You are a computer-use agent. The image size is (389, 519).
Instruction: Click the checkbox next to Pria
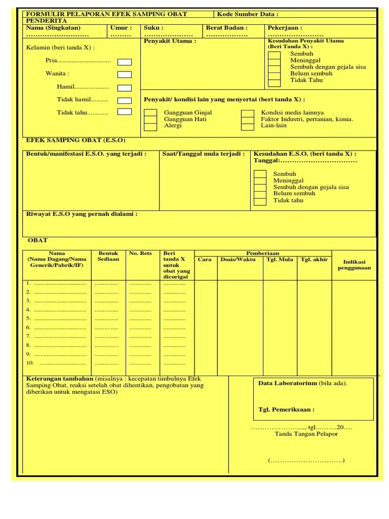tap(125, 62)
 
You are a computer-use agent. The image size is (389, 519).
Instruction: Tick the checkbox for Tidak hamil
tap(125, 100)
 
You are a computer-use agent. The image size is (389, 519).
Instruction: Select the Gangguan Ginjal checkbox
tap(150, 113)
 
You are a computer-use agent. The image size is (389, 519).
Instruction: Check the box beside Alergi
tap(150, 127)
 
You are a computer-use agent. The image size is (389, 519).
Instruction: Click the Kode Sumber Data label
tap(248, 14)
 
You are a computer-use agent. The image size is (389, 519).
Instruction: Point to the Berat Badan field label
tap(226, 28)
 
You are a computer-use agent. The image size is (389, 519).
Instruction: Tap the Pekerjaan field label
tap(285, 28)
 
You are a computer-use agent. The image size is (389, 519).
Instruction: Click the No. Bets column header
tap(140, 253)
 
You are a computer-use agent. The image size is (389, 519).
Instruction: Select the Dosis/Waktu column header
tap(238, 259)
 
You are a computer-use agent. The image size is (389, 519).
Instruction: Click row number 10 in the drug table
tap(30, 363)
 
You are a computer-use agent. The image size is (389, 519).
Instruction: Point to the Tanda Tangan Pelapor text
tap(306, 434)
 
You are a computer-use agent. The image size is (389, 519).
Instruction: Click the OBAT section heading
tap(37, 240)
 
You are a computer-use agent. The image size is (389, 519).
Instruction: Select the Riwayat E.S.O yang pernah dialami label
tap(82, 214)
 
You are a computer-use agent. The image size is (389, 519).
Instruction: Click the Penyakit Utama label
tap(170, 41)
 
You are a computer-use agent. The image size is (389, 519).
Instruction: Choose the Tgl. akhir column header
tap(314, 259)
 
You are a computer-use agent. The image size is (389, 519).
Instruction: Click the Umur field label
tap(121, 28)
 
